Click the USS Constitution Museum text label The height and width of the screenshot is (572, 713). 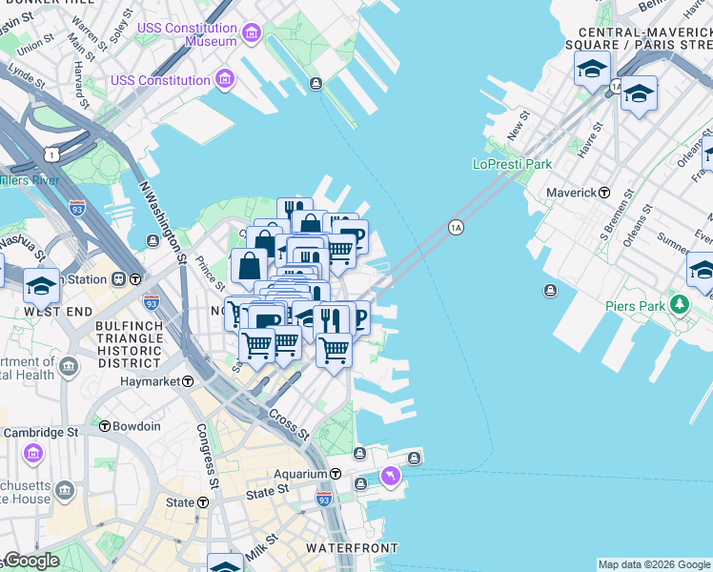pyautogui.click(x=187, y=35)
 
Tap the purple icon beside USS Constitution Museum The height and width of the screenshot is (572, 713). pyautogui.click(x=252, y=35)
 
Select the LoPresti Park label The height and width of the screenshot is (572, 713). pyautogui.click(x=512, y=164)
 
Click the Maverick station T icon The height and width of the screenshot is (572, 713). pyautogui.click(x=604, y=193)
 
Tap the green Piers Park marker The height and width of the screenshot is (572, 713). pyautogui.click(x=679, y=305)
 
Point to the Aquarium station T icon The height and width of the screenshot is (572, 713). pyautogui.click(x=336, y=474)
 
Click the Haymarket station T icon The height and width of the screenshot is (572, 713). pyautogui.click(x=188, y=381)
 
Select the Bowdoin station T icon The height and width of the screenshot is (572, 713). pyautogui.click(x=105, y=426)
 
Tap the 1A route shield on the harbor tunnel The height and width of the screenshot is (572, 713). pyautogui.click(x=456, y=227)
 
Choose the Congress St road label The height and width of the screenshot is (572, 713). pyautogui.click(x=206, y=452)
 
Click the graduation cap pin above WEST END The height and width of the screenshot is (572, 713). pyautogui.click(x=41, y=285)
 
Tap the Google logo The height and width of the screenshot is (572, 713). pyautogui.click(x=31, y=561)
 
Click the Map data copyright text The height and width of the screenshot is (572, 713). pyautogui.click(x=654, y=564)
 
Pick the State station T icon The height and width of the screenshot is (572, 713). pyautogui.click(x=203, y=502)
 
